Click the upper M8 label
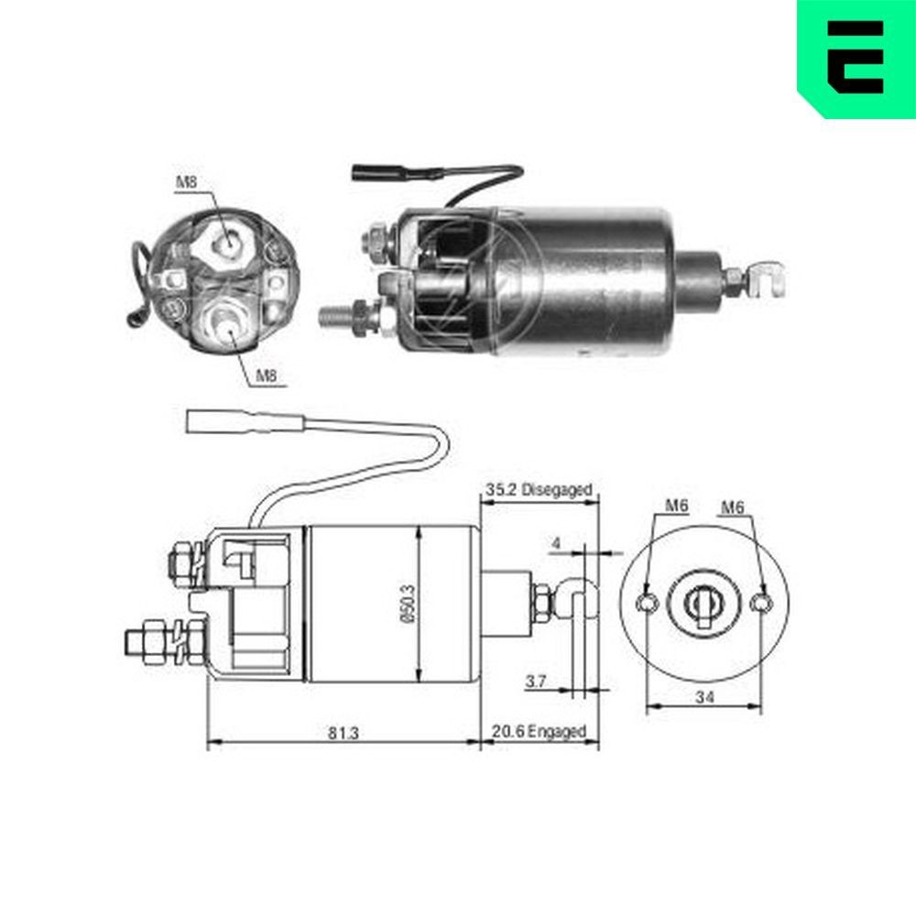[x=186, y=182]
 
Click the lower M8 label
[x=266, y=375]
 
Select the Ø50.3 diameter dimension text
[x=409, y=605]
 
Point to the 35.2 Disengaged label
[x=539, y=490]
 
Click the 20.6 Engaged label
[x=539, y=732]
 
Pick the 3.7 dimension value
[x=537, y=681]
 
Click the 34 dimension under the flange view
[x=703, y=698]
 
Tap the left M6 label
[x=676, y=506]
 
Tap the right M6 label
[x=733, y=506]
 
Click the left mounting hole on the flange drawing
[x=648, y=602]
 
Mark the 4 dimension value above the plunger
[x=555, y=542]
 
